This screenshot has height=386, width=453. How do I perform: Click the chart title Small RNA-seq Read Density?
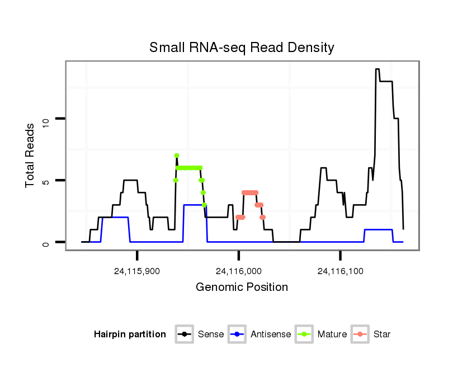pos(242,48)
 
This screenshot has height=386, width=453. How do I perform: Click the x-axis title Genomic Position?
pos(242,288)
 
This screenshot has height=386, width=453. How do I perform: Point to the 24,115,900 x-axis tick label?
pos(137,271)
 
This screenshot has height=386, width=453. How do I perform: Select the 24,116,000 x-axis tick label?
pos(239,271)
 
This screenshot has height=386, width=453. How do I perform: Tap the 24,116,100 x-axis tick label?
pos(341,271)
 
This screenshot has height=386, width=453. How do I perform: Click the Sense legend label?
pos(211,335)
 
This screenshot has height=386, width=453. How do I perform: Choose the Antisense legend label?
pos(271,335)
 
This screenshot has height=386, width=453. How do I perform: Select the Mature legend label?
pos(332,335)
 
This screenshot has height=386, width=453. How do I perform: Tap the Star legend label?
pos(382,335)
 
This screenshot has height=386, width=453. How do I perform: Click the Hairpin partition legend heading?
pos(130,335)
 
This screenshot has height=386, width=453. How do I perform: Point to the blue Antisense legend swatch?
pos(238,335)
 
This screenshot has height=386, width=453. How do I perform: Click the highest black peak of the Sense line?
pos(377,69)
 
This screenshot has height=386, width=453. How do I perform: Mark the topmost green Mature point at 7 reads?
pos(177,156)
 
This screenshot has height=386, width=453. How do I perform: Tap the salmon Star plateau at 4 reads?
pos(250,192)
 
